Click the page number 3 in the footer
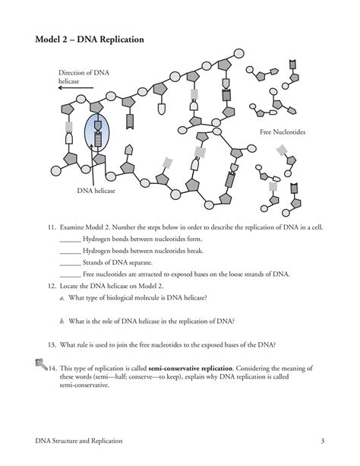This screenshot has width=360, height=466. click(323, 441)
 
